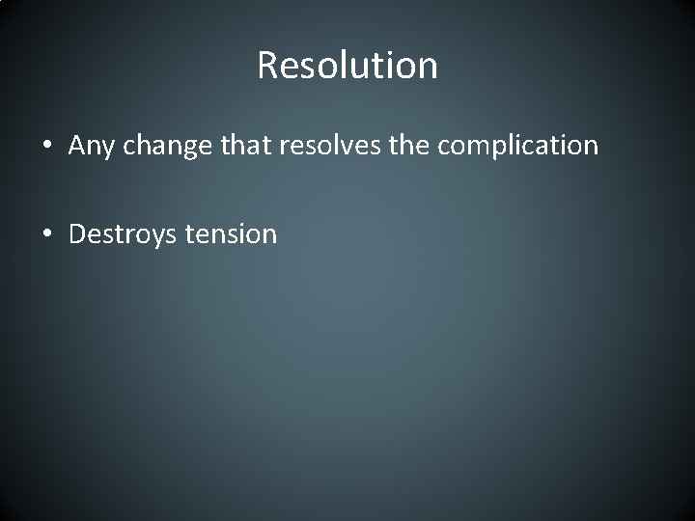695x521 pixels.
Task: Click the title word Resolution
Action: pos(347,66)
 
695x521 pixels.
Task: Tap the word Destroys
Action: pos(116,234)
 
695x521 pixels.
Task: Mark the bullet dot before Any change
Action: pos(47,147)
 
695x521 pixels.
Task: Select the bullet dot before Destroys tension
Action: pos(47,234)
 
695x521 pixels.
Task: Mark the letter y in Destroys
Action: pos(145,237)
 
